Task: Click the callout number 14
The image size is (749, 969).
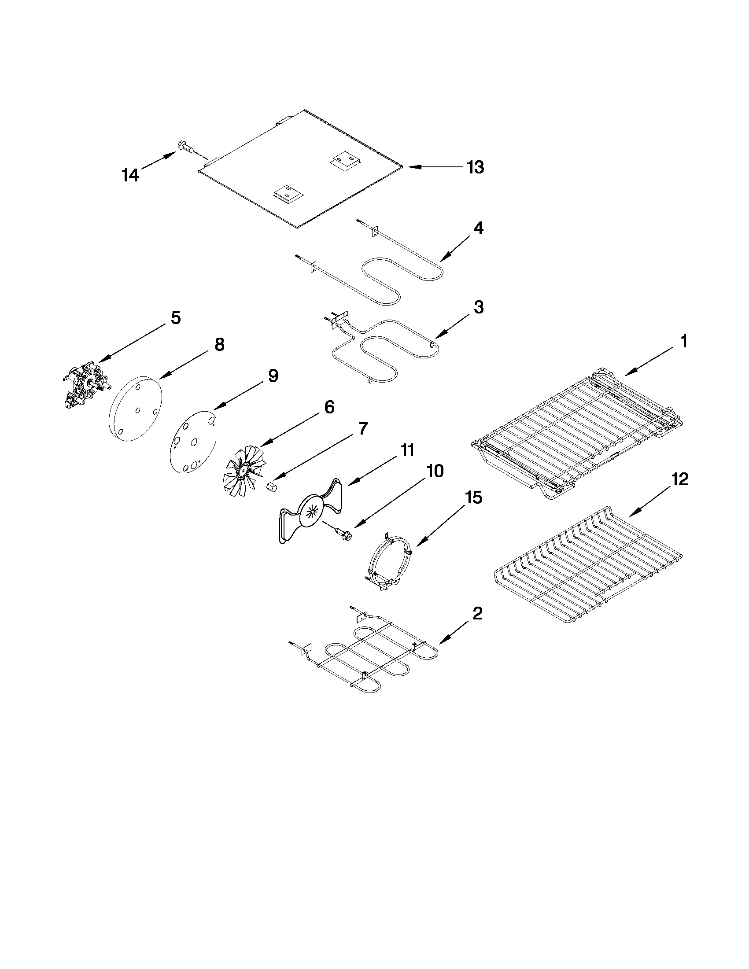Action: tap(130, 175)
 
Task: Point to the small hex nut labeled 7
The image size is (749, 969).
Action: tap(273, 488)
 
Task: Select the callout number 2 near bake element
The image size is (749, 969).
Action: tap(477, 614)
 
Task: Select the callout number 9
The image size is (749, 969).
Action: tap(273, 376)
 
